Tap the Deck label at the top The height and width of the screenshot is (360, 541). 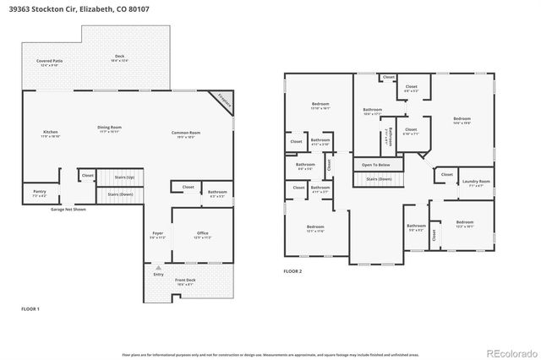120,58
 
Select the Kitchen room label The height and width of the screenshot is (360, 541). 52,133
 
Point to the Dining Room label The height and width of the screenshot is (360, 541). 109,129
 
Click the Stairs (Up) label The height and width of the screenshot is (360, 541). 123,177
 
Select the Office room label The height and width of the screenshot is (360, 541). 201,234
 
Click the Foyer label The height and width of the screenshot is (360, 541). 157,234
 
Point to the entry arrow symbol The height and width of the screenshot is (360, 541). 158,266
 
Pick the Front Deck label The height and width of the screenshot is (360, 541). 184,282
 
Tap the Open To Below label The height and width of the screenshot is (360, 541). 376,164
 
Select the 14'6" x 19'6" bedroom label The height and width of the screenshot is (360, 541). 461,120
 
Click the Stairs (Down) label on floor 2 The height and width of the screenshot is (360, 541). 378,179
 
